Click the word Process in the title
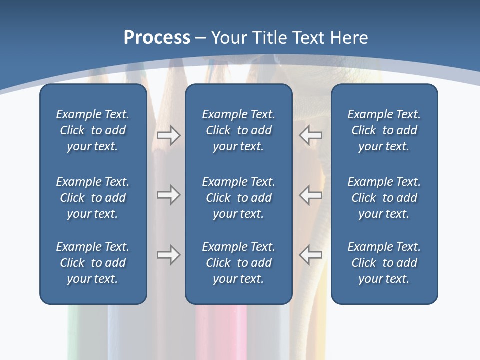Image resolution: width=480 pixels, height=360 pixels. pyautogui.click(x=157, y=38)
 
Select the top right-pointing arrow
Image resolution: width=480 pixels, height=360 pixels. pyautogui.click(x=168, y=135)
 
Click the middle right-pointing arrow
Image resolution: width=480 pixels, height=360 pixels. pyautogui.click(x=168, y=195)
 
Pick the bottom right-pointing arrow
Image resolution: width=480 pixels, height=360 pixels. pyautogui.click(x=168, y=255)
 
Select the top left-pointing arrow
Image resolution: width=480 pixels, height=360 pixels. pyautogui.click(x=311, y=135)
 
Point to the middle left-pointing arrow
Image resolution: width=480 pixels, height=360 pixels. pyautogui.click(x=311, y=195)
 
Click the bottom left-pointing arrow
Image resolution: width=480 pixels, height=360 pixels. pyautogui.click(x=311, y=255)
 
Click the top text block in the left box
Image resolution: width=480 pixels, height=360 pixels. pyautogui.click(x=93, y=130)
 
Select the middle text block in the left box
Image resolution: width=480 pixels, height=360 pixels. pyautogui.click(x=93, y=198)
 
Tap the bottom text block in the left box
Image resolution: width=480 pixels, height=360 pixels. pyautogui.click(x=93, y=263)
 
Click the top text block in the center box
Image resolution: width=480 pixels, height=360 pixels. pyautogui.click(x=238, y=130)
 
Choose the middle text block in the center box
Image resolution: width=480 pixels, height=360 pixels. pyautogui.click(x=238, y=198)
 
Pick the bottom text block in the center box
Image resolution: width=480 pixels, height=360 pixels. pyautogui.click(x=238, y=263)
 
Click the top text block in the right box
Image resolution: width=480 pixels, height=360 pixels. pyautogui.click(x=384, y=130)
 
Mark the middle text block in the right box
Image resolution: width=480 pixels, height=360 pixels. pyautogui.click(x=384, y=198)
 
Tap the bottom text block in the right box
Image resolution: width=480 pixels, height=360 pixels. pyautogui.click(x=384, y=263)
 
